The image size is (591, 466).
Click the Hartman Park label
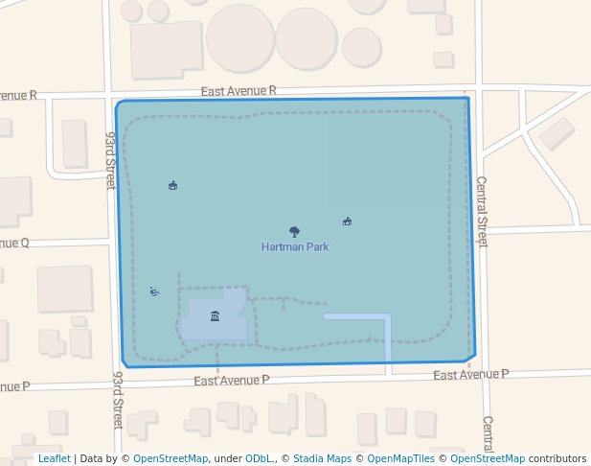[x=295, y=246]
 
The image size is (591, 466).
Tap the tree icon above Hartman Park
[x=294, y=231]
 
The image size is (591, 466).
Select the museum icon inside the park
[x=215, y=316]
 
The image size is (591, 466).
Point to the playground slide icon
[x=154, y=291]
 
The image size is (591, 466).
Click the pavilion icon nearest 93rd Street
[x=172, y=185]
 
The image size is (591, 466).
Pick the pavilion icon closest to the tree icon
[x=347, y=221]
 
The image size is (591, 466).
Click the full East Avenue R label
[x=239, y=90]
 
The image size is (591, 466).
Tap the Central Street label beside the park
[x=482, y=211]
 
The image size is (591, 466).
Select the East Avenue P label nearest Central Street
[x=470, y=375]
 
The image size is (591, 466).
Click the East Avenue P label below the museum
[x=231, y=381]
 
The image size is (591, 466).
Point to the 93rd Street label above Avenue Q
[x=110, y=160]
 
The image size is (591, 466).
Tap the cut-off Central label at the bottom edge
[x=488, y=433]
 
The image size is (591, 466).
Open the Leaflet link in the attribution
[x=54, y=459]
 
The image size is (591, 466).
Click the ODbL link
[x=259, y=459]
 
